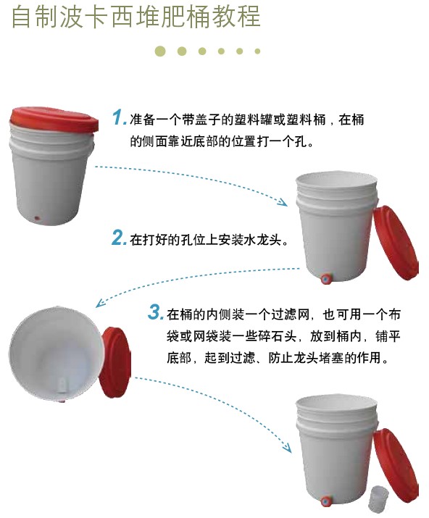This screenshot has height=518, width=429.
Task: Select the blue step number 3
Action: click(x=154, y=312)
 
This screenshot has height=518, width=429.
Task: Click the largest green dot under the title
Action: click(x=160, y=51)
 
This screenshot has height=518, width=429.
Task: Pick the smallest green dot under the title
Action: click(x=257, y=51)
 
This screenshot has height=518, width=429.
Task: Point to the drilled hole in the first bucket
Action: click(x=38, y=218)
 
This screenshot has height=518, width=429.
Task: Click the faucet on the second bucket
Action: click(x=325, y=279)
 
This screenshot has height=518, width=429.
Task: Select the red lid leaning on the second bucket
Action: click(x=395, y=242)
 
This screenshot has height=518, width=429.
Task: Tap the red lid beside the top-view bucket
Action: click(x=116, y=362)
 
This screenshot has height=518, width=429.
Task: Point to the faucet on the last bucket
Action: click(x=325, y=502)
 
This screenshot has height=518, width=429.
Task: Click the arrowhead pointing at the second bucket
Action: click(x=283, y=202)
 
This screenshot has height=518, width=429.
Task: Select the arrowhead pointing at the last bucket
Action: click(x=287, y=448)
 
